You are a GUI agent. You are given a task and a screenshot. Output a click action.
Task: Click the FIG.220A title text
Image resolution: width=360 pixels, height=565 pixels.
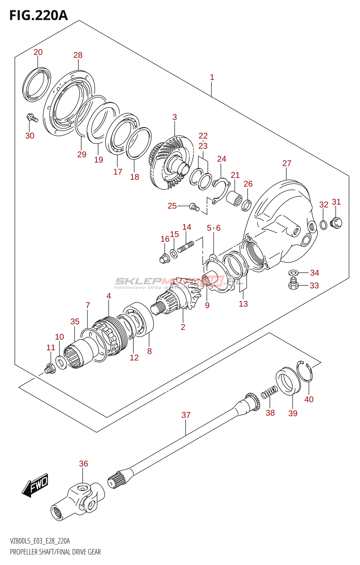(x=38, y=15)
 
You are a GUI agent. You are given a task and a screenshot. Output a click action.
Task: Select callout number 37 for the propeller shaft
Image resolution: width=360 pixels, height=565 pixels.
(x=186, y=415)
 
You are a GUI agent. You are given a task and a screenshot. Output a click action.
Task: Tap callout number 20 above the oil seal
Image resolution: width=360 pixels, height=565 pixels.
(x=38, y=52)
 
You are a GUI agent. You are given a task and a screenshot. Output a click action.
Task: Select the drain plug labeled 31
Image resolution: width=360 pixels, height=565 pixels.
(x=336, y=223)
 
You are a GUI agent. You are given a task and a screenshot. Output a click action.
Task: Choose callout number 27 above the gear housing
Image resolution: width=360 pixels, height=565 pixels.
(x=287, y=163)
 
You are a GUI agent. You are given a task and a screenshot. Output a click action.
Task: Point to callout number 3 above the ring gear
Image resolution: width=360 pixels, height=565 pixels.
(x=174, y=117)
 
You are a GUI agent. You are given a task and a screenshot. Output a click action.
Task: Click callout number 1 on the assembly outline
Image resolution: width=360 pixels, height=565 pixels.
(x=212, y=77)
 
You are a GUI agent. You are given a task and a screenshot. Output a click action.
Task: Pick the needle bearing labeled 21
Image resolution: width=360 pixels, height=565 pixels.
(x=234, y=198)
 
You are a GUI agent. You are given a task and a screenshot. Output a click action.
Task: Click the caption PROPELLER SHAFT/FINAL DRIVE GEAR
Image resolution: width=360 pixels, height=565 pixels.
(x=55, y=552)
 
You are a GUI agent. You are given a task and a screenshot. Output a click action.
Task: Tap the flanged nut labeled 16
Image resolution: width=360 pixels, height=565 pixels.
(x=164, y=258)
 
